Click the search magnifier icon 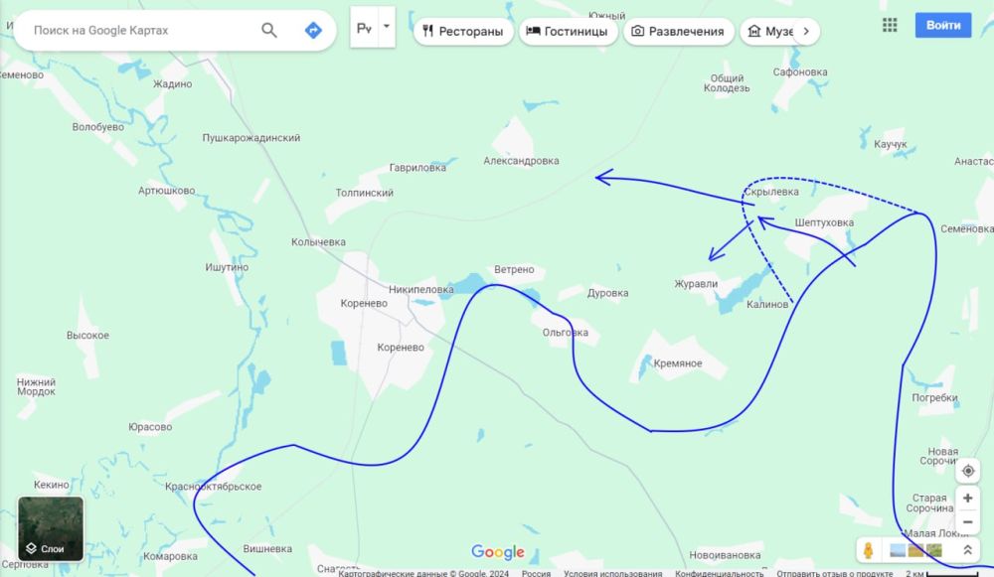pos(269,30)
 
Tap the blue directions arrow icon pos(313,30)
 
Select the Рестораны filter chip pos(462,31)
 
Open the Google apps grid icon pos(890,25)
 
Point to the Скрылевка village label pos(771,192)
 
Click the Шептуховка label pos(825,222)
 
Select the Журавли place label pos(696,284)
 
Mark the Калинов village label pos(766,304)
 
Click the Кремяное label pos(678,363)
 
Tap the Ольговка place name pos(566,333)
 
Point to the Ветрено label pos(514,270)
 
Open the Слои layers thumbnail pos(51,528)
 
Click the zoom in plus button pos(967,498)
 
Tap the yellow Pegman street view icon pos(868,550)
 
